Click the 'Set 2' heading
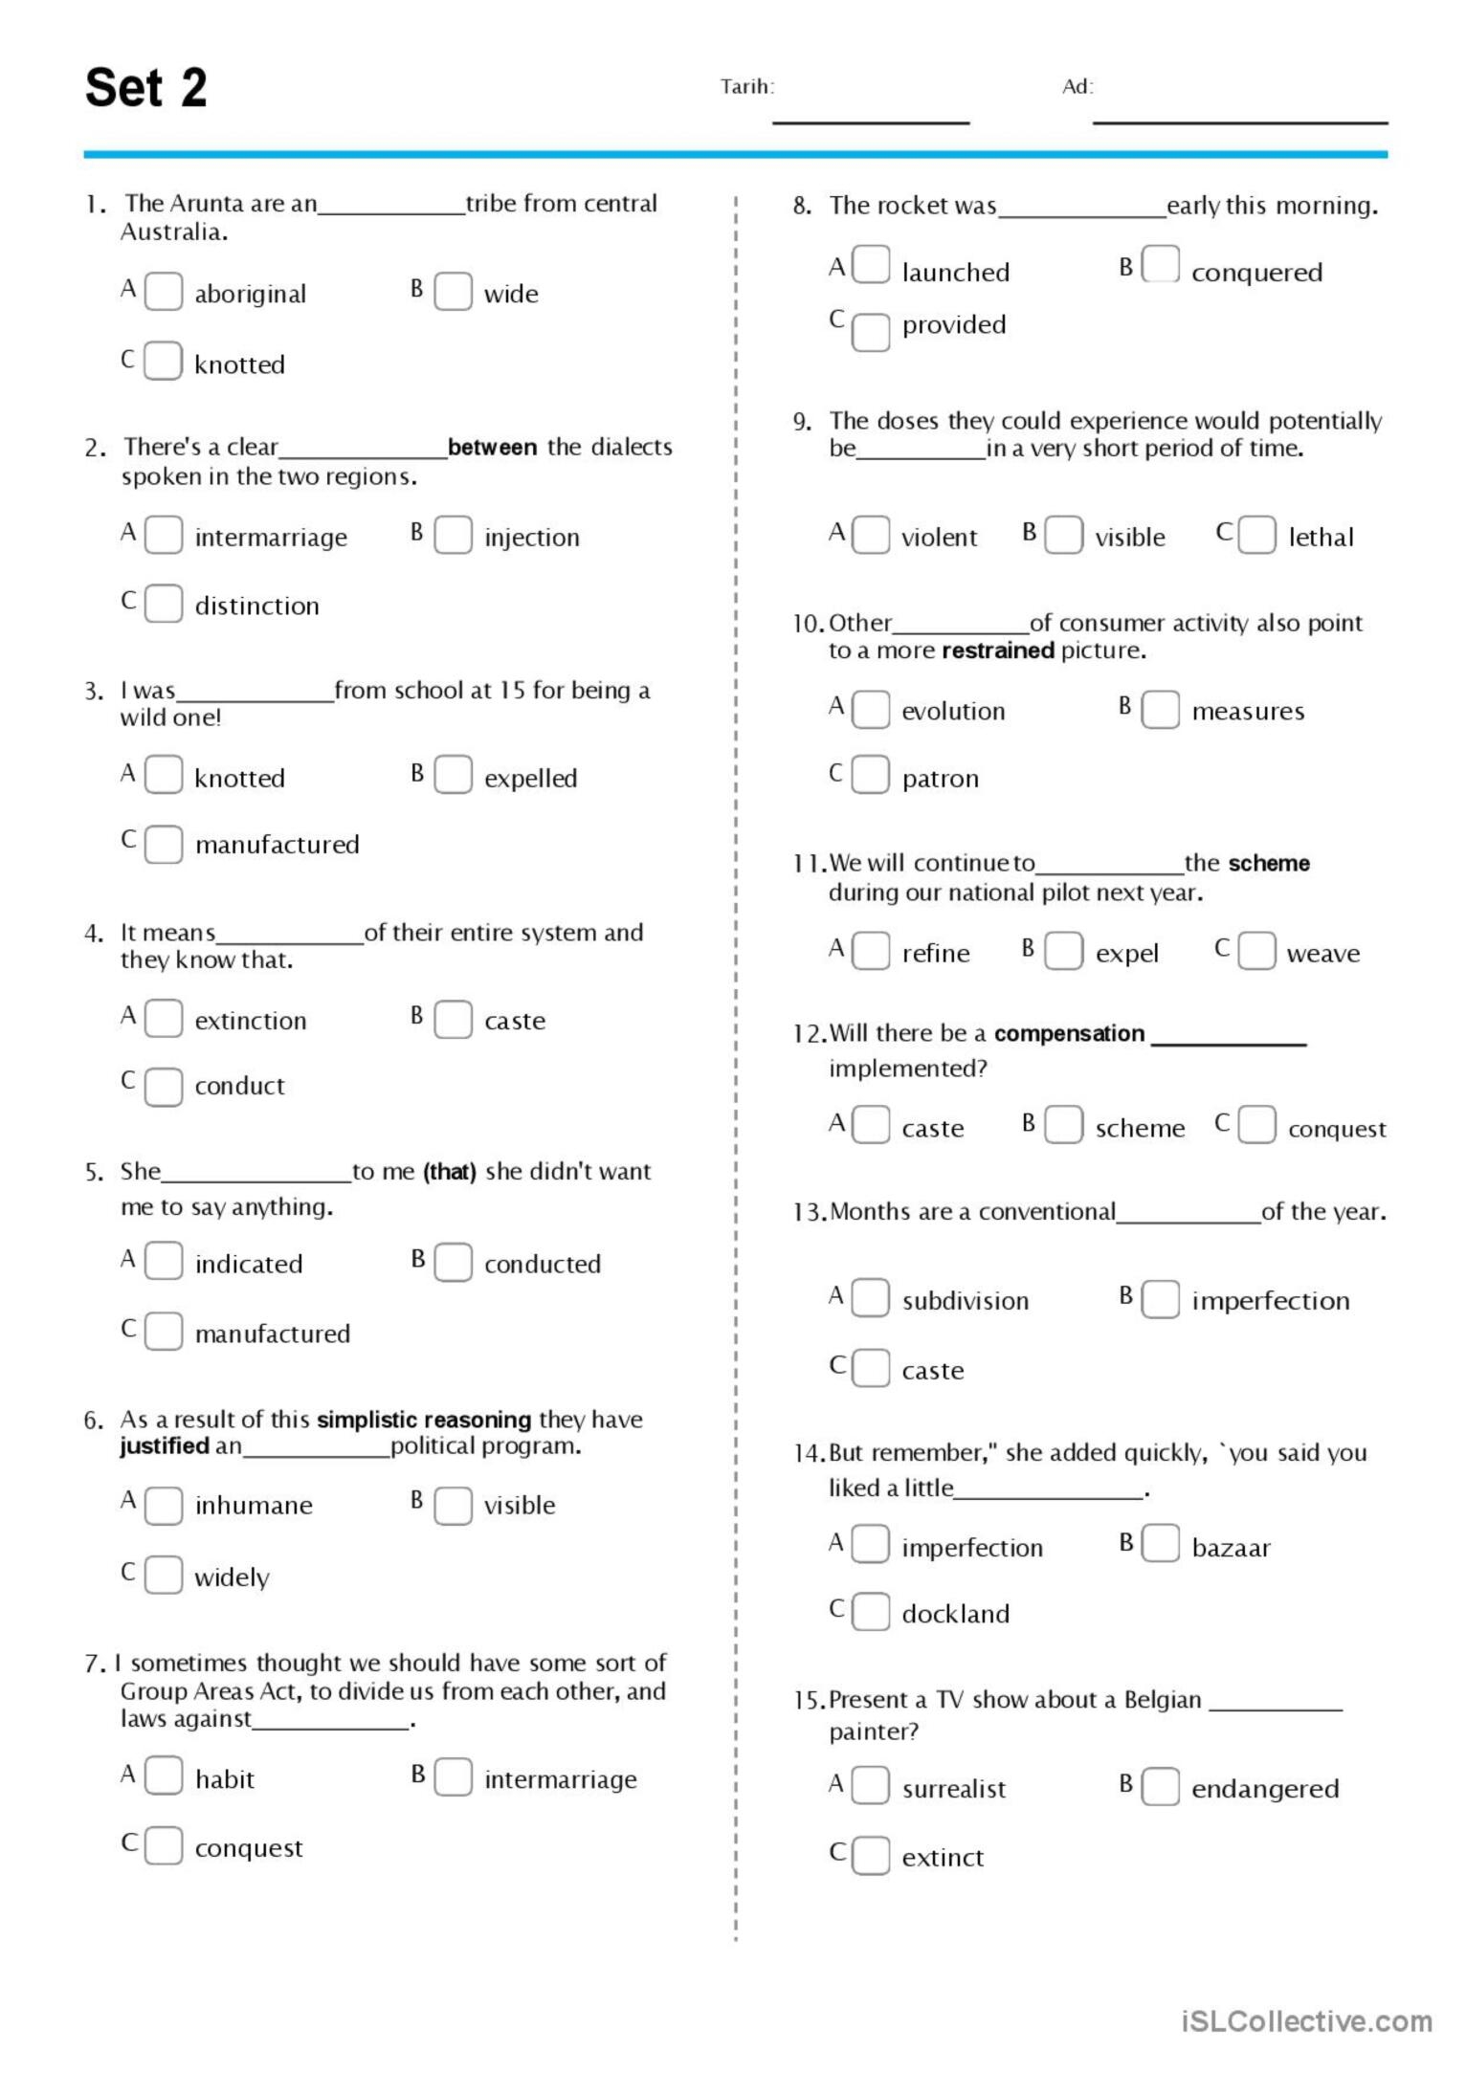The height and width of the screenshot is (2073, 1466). [145, 88]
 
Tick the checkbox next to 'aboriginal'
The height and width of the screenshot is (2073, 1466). [163, 292]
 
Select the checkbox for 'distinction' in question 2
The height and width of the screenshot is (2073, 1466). [163, 604]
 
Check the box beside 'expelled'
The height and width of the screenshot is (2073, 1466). [453, 775]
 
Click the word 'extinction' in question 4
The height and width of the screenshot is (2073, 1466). [251, 1021]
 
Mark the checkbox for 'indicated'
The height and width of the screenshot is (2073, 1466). [163, 1261]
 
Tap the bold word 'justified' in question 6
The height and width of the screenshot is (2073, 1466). [165, 1445]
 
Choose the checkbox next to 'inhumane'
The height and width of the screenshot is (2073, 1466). [163, 1505]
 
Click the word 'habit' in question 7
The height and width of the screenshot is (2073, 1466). [225, 1779]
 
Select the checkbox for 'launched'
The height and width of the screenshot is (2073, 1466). [871, 265]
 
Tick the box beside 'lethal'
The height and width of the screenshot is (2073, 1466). [1256, 535]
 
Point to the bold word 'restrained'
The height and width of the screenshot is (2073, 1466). [997, 651]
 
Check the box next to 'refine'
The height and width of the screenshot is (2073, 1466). [871, 951]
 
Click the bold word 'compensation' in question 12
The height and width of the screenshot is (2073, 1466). [1069, 1033]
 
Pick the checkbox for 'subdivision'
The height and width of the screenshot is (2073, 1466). [871, 1298]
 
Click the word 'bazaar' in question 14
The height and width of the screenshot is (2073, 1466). [1231, 1548]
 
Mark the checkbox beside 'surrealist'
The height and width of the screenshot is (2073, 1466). [871, 1785]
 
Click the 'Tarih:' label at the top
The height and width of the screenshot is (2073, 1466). [746, 87]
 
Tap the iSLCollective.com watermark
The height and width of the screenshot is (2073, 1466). [1306, 2021]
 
